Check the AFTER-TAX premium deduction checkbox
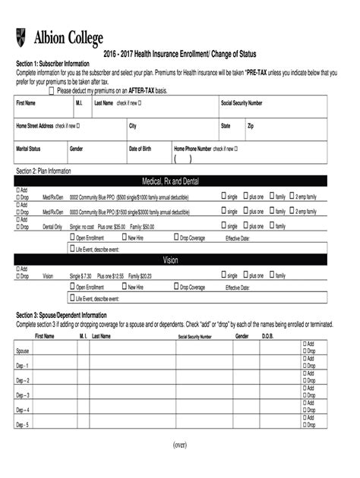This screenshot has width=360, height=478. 52,90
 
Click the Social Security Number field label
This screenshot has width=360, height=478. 242,102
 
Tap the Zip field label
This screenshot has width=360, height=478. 251,125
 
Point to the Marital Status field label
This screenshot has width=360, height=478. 29,149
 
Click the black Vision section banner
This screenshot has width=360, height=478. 170,259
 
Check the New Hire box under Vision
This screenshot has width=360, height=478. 123,288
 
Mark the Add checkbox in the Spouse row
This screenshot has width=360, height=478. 305,344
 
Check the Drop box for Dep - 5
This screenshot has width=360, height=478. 305,427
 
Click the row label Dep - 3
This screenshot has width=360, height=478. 23,395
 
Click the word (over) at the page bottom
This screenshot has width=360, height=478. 179,444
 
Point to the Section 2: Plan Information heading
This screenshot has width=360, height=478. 43,171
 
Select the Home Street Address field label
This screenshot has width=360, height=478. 35,125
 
